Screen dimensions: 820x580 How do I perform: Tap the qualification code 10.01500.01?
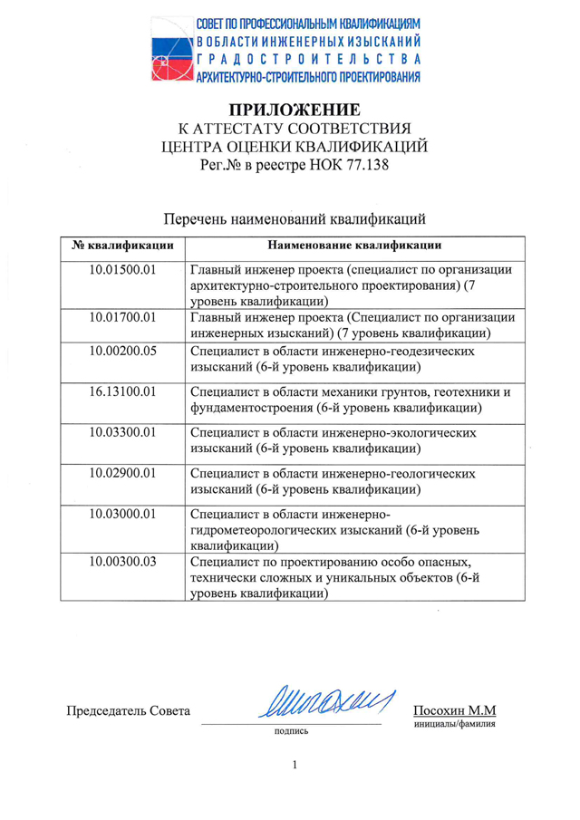(x=123, y=269)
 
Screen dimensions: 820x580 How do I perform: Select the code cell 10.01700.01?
(x=123, y=317)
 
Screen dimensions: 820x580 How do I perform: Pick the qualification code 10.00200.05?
(x=123, y=352)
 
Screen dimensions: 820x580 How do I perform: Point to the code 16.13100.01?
(x=123, y=392)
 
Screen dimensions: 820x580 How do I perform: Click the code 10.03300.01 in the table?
(x=123, y=432)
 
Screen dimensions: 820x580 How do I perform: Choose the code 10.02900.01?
(x=123, y=473)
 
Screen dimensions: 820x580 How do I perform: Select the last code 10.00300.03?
(x=123, y=561)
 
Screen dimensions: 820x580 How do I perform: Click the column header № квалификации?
(x=123, y=244)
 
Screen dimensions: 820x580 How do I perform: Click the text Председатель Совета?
(x=130, y=710)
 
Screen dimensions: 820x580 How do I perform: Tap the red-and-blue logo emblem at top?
(x=169, y=52)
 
